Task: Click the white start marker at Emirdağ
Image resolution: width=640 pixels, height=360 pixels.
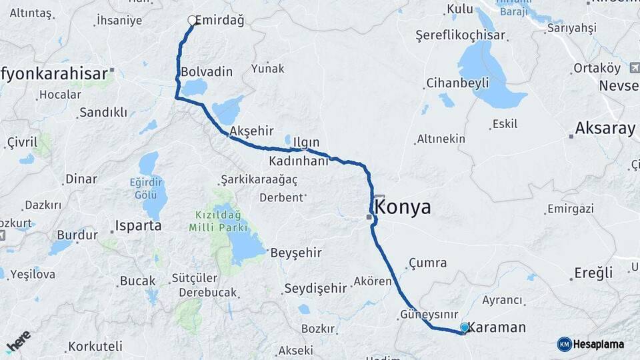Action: (x=192, y=21)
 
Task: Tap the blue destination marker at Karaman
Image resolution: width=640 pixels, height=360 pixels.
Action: (x=465, y=327)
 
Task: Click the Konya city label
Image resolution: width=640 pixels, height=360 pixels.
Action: (x=403, y=207)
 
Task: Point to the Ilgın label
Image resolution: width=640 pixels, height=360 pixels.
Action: (x=306, y=143)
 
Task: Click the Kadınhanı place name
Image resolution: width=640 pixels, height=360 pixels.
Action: (x=299, y=161)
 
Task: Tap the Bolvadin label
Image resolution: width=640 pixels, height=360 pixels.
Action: (x=207, y=72)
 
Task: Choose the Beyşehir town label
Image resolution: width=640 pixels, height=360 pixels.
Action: (x=296, y=253)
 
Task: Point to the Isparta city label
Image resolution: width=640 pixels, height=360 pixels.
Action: (x=139, y=225)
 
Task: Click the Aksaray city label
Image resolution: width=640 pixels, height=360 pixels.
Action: (x=605, y=129)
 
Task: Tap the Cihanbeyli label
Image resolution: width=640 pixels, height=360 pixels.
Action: (x=457, y=83)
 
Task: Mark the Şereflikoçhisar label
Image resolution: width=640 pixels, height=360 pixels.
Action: (x=460, y=35)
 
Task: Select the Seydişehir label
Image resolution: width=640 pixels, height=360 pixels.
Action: (x=315, y=289)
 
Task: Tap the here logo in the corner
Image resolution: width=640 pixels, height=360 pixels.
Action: (x=19, y=341)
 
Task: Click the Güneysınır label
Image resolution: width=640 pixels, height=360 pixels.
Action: (x=429, y=313)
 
